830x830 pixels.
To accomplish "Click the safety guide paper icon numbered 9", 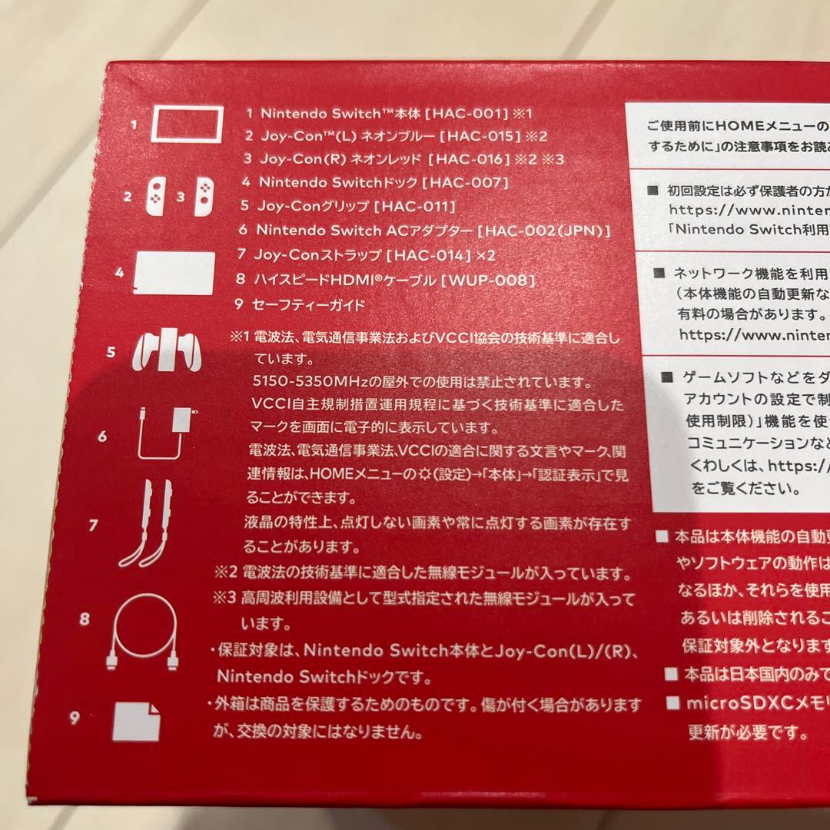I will pos(136,720).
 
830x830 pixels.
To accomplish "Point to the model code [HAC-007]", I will pos(465,183).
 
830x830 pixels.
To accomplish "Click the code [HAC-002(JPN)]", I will pos(543,230).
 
